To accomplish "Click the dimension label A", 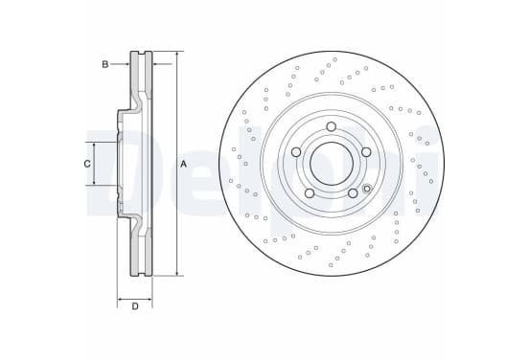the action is tap(183, 164).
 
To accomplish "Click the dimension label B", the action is tap(105, 64).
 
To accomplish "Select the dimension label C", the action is tap(87, 164).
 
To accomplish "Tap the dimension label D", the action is tap(135, 306).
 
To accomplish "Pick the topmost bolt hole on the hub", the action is tap(332, 126).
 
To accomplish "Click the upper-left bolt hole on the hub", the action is tap(296, 152).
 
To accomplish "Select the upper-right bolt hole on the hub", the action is tap(366, 152).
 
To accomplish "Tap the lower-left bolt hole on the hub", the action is tap(310, 193).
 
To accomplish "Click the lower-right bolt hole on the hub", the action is tap(353, 193).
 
